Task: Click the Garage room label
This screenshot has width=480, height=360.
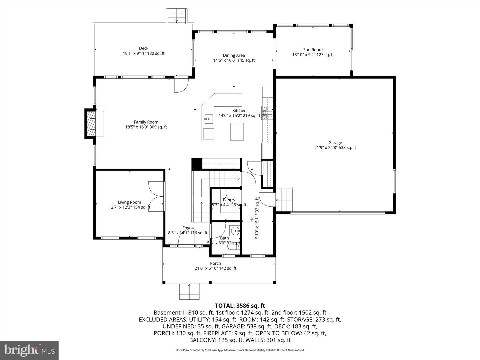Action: pyautogui.click(x=335, y=143)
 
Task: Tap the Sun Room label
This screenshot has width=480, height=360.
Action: pyautogui.click(x=313, y=50)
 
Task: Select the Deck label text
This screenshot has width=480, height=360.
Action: pyautogui.click(x=144, y=48)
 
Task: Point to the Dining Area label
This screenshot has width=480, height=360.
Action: pyautogui.click(x=234, y=55)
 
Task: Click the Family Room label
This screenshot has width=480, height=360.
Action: pyautogui.click(x=146, y=122)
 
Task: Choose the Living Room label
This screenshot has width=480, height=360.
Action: pyautogui.click(x=129, y=202)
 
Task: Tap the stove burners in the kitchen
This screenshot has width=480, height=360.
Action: pyautogui.click(x=267, y=113)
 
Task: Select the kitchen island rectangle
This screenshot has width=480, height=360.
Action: pyautogui.click(x=237, y=132)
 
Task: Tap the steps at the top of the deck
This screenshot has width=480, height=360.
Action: pyautogui.click(x=177, y=15)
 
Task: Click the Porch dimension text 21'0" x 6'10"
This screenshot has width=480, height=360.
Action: pyautogui.click(x=215, y=268)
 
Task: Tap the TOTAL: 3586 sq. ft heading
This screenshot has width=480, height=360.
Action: pyautogui.click(x=240, y=305)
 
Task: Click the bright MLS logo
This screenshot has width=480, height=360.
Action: pyautogui.click(x=29, y=350)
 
